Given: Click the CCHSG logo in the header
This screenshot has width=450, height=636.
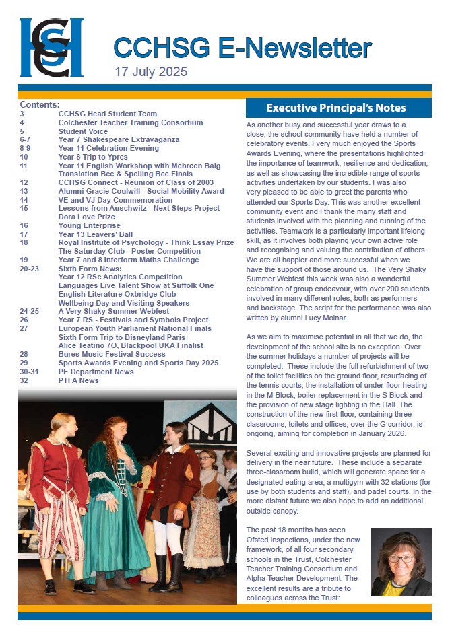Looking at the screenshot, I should click(51, 47).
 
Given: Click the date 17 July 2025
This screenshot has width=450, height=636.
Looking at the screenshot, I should click(151, 71).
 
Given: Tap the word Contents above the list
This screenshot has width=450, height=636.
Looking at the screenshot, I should click(40, 105).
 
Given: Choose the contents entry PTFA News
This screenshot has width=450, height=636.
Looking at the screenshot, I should click(78, 380).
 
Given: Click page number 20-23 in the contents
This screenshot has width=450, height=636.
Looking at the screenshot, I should click(30, 269).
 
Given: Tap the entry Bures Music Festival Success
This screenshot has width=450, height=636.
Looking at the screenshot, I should click(112, 354).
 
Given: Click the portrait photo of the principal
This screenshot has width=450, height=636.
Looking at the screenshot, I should click(401, 562).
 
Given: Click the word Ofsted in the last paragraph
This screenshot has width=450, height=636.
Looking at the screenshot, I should click(259, 542).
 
